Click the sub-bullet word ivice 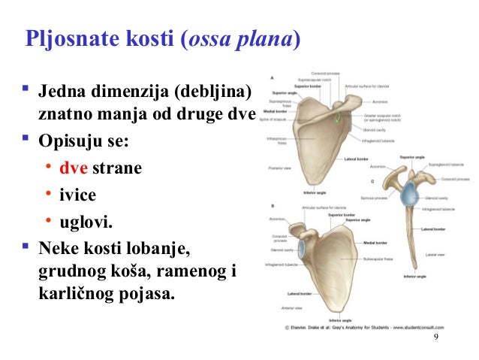click(x=78, y=195)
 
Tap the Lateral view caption click(x=435, y=256)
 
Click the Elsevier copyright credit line click(x=363, y=328)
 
